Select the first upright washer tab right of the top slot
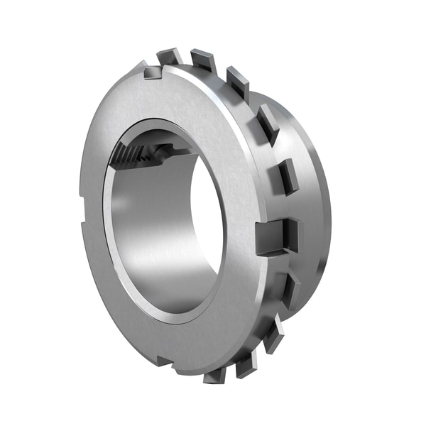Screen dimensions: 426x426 (x=170, y=56)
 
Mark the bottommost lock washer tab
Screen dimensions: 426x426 (x=215, y=374)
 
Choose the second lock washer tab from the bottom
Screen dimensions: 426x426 (x=246, y=364)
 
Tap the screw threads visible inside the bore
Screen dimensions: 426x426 (x=135, y=153)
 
